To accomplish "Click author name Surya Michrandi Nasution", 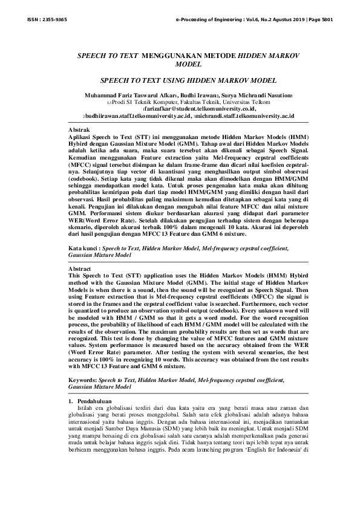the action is click(x=260, y=96).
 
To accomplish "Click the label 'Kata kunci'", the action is click(x=83, y=248).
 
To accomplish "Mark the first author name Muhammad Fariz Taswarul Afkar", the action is click(x=125, y=96).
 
